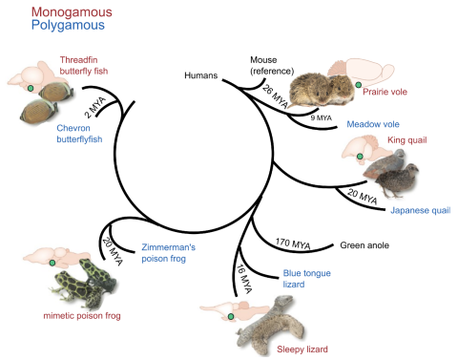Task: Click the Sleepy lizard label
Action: pos(302,349)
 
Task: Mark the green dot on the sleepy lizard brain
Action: pos(230,314)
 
